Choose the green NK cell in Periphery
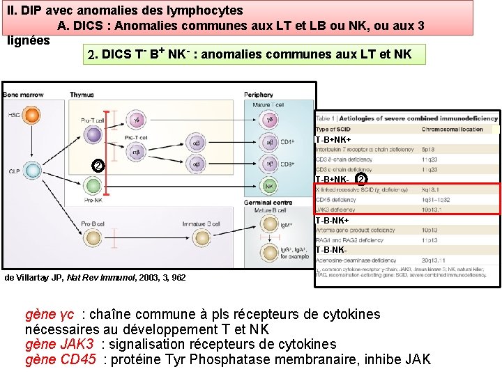click(x=269, y=186)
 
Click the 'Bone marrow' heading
click(x=20, y=95)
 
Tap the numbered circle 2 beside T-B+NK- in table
click(x=360, y=180)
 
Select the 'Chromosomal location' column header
click(x=452, y=130)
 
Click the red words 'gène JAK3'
click(x=60, y=344)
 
